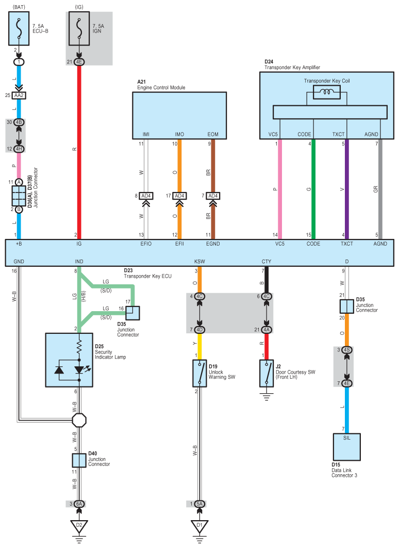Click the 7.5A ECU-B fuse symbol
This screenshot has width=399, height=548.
19,28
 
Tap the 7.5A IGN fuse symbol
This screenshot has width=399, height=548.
79,28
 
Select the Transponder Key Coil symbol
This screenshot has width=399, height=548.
327,92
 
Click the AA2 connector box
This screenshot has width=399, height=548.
19,95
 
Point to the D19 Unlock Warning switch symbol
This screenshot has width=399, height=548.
199,373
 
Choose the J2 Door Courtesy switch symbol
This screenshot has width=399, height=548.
267,373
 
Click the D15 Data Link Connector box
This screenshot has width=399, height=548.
346,447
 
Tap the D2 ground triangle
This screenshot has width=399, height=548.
79,526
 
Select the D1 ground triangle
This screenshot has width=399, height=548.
199,526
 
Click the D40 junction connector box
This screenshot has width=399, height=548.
79,460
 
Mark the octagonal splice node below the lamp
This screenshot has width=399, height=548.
79,420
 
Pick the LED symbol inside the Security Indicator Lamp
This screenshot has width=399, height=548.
79,369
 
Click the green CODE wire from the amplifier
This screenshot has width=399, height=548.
313,189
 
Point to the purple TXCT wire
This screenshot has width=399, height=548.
346,189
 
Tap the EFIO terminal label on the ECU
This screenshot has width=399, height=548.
146,244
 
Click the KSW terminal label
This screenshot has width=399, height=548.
199,262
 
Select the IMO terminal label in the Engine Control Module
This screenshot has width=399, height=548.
179,134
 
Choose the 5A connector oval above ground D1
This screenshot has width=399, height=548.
199,504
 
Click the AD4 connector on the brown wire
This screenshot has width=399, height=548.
213,196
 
